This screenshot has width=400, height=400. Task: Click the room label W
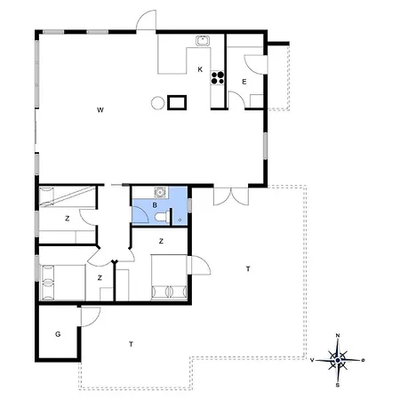pyautogui.click(x=100, y=110)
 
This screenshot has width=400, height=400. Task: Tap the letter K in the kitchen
pyautogui.click(x=200, y=69)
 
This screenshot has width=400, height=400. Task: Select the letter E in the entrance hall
pyautogui.click(x=244, y=82)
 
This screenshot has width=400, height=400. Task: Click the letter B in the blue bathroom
pyautogui.click(x=155, y=205)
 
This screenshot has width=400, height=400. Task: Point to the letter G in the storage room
pyautogui.click(x=58, y=334)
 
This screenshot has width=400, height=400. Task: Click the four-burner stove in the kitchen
pyautogui.click(x=218, y=77)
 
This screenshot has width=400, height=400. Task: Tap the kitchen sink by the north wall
pyautogui.click(x=203, y=41)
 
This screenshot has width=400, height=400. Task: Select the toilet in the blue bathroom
pyautogui.click(x=162, y=217)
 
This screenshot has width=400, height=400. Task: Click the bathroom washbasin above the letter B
pyautogui.click(x=160, y=192)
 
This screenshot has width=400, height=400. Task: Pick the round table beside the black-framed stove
pyautogui.click(x=157, y=103)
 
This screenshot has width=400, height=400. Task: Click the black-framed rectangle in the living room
pyautogui.click(x=177, y=102)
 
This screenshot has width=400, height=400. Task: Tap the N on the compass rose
pyautogui.click(x=338, y=335)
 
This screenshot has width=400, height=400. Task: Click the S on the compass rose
pyautogui.click(x=338, y=385)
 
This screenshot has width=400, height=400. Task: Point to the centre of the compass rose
pyautogui.click(x=338, y=360)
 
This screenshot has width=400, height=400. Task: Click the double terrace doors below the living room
pyautogui.click(x=231, y=196)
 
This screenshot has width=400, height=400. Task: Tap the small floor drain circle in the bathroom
pyautogui.click(x=180, y=220)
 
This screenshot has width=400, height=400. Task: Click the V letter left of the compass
pyautogui.click(x=312, y=360)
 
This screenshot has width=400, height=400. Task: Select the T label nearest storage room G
pyautogui.click(x=131, y=344)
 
